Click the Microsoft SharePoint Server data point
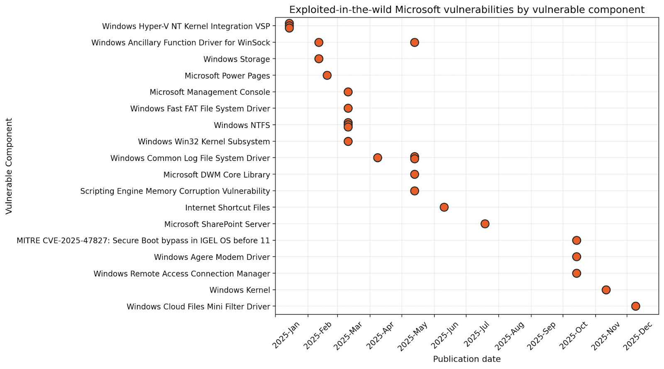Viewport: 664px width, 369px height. (x=485, y=224)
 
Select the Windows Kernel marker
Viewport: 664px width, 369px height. (x=606, y=290)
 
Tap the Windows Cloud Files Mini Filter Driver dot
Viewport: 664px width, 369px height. (x=635, y=306)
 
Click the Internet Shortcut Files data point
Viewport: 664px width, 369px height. (x=444, y=207)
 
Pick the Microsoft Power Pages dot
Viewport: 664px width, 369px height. (x=327, y=75)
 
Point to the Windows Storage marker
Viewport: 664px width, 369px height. (x=319, y=59)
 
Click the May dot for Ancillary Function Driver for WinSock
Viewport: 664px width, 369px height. (x=415, y=42)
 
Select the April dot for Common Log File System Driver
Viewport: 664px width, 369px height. (x=378, y=158)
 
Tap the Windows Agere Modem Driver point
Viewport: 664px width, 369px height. (x=576, y=257)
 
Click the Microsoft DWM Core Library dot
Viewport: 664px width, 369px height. (x=415, y=175)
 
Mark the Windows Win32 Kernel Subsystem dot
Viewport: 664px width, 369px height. (x=348, y=141)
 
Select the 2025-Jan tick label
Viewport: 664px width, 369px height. (x=286, y=335)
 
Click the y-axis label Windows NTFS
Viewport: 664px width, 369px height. (x=242, y=125)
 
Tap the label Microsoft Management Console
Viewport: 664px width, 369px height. (x=210, y=92)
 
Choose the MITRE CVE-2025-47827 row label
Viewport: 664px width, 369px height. (x=143, y=241)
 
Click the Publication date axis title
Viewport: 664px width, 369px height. (x=467, y=359)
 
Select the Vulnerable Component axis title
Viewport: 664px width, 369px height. (x=9, y=166)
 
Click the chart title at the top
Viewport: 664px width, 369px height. (x=467, y=10)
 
